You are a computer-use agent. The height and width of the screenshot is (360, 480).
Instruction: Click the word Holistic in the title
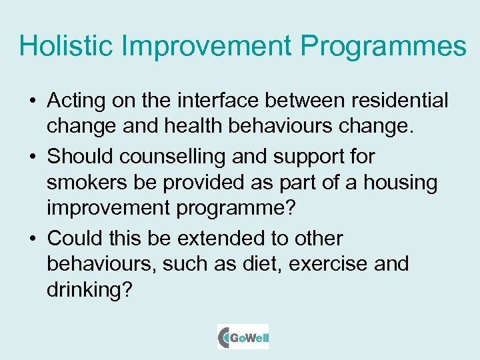(x=65, y=46)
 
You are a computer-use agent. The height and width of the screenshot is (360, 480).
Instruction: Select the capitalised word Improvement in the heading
(x=207, y=46)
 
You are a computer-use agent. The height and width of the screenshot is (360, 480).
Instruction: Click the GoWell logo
(x=243, y=337)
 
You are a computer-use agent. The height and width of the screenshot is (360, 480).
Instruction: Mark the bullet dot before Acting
(x=32, y=102)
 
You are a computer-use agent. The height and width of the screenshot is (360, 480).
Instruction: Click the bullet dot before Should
(x=32, y=157)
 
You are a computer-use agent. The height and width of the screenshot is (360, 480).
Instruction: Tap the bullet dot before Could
(x=32, y=239)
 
